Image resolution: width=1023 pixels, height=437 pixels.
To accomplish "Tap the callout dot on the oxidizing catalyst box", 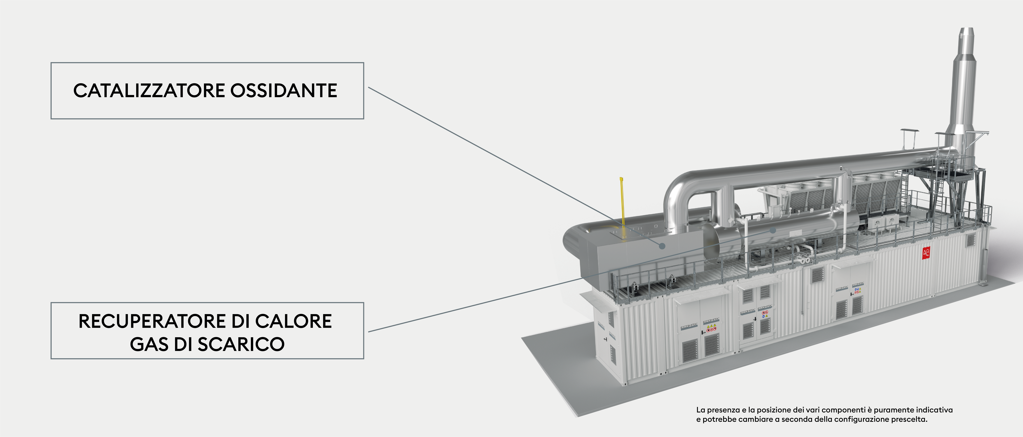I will click(662, 246).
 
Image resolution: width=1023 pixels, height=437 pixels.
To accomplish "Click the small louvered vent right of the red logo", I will click(971, 240).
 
